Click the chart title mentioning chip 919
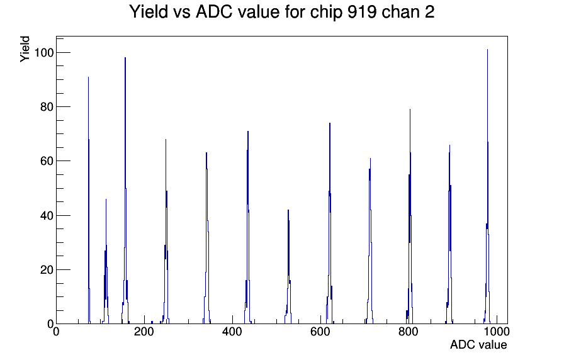click(281, 12)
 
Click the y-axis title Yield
click(25, 49)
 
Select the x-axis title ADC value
click(478, 344)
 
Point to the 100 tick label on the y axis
click(43, 53)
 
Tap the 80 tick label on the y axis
click(47, 107)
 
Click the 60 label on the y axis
click(47, 161)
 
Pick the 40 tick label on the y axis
click(47, 215)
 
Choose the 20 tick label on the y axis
click(47, 270)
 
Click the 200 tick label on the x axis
click(144, 331)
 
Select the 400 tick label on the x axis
click(232, 331)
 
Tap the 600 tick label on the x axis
click(320, 331)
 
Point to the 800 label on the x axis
click(409, 331)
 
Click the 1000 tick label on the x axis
click(497, 331)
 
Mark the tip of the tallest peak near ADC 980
click(487, 50)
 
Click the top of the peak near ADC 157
click(125, 57)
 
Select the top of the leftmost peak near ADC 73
click(88, 77)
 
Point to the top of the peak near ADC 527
click(288, 210)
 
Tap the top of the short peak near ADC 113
click(106, 200)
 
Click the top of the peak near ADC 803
click(410, 110)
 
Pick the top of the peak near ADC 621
click(329, 123)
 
